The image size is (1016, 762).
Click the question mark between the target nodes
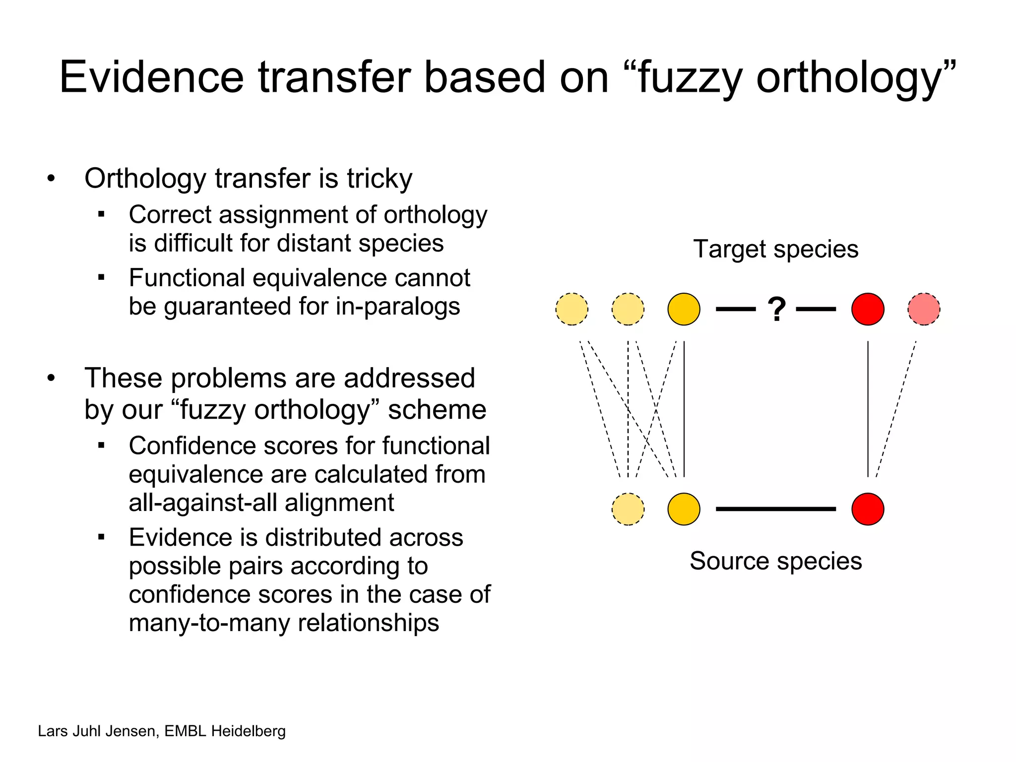(x=776, y=310)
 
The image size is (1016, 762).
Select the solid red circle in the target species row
(x=868, y=309)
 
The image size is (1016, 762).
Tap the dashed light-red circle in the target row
(x=924, y=309)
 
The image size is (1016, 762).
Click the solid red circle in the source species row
(x=868, y=509)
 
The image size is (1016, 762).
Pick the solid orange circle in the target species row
(x=684, y=309)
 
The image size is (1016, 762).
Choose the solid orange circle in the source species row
(x=684, y=509)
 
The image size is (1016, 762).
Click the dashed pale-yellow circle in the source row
(x=628, y=509)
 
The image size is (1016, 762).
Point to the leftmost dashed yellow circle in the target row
(x=572, y=309)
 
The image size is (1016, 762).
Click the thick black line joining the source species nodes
(x=776, y=509)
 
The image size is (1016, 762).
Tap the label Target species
(x=775, y=249)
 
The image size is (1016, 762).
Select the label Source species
(x=775, y=561)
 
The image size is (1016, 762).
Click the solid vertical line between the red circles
(x=868, y=409)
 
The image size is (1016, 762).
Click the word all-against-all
(x=203, y=503)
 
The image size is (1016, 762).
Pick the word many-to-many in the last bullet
(x=209, y=623)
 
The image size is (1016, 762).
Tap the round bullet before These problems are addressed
(x=51, y=379)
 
